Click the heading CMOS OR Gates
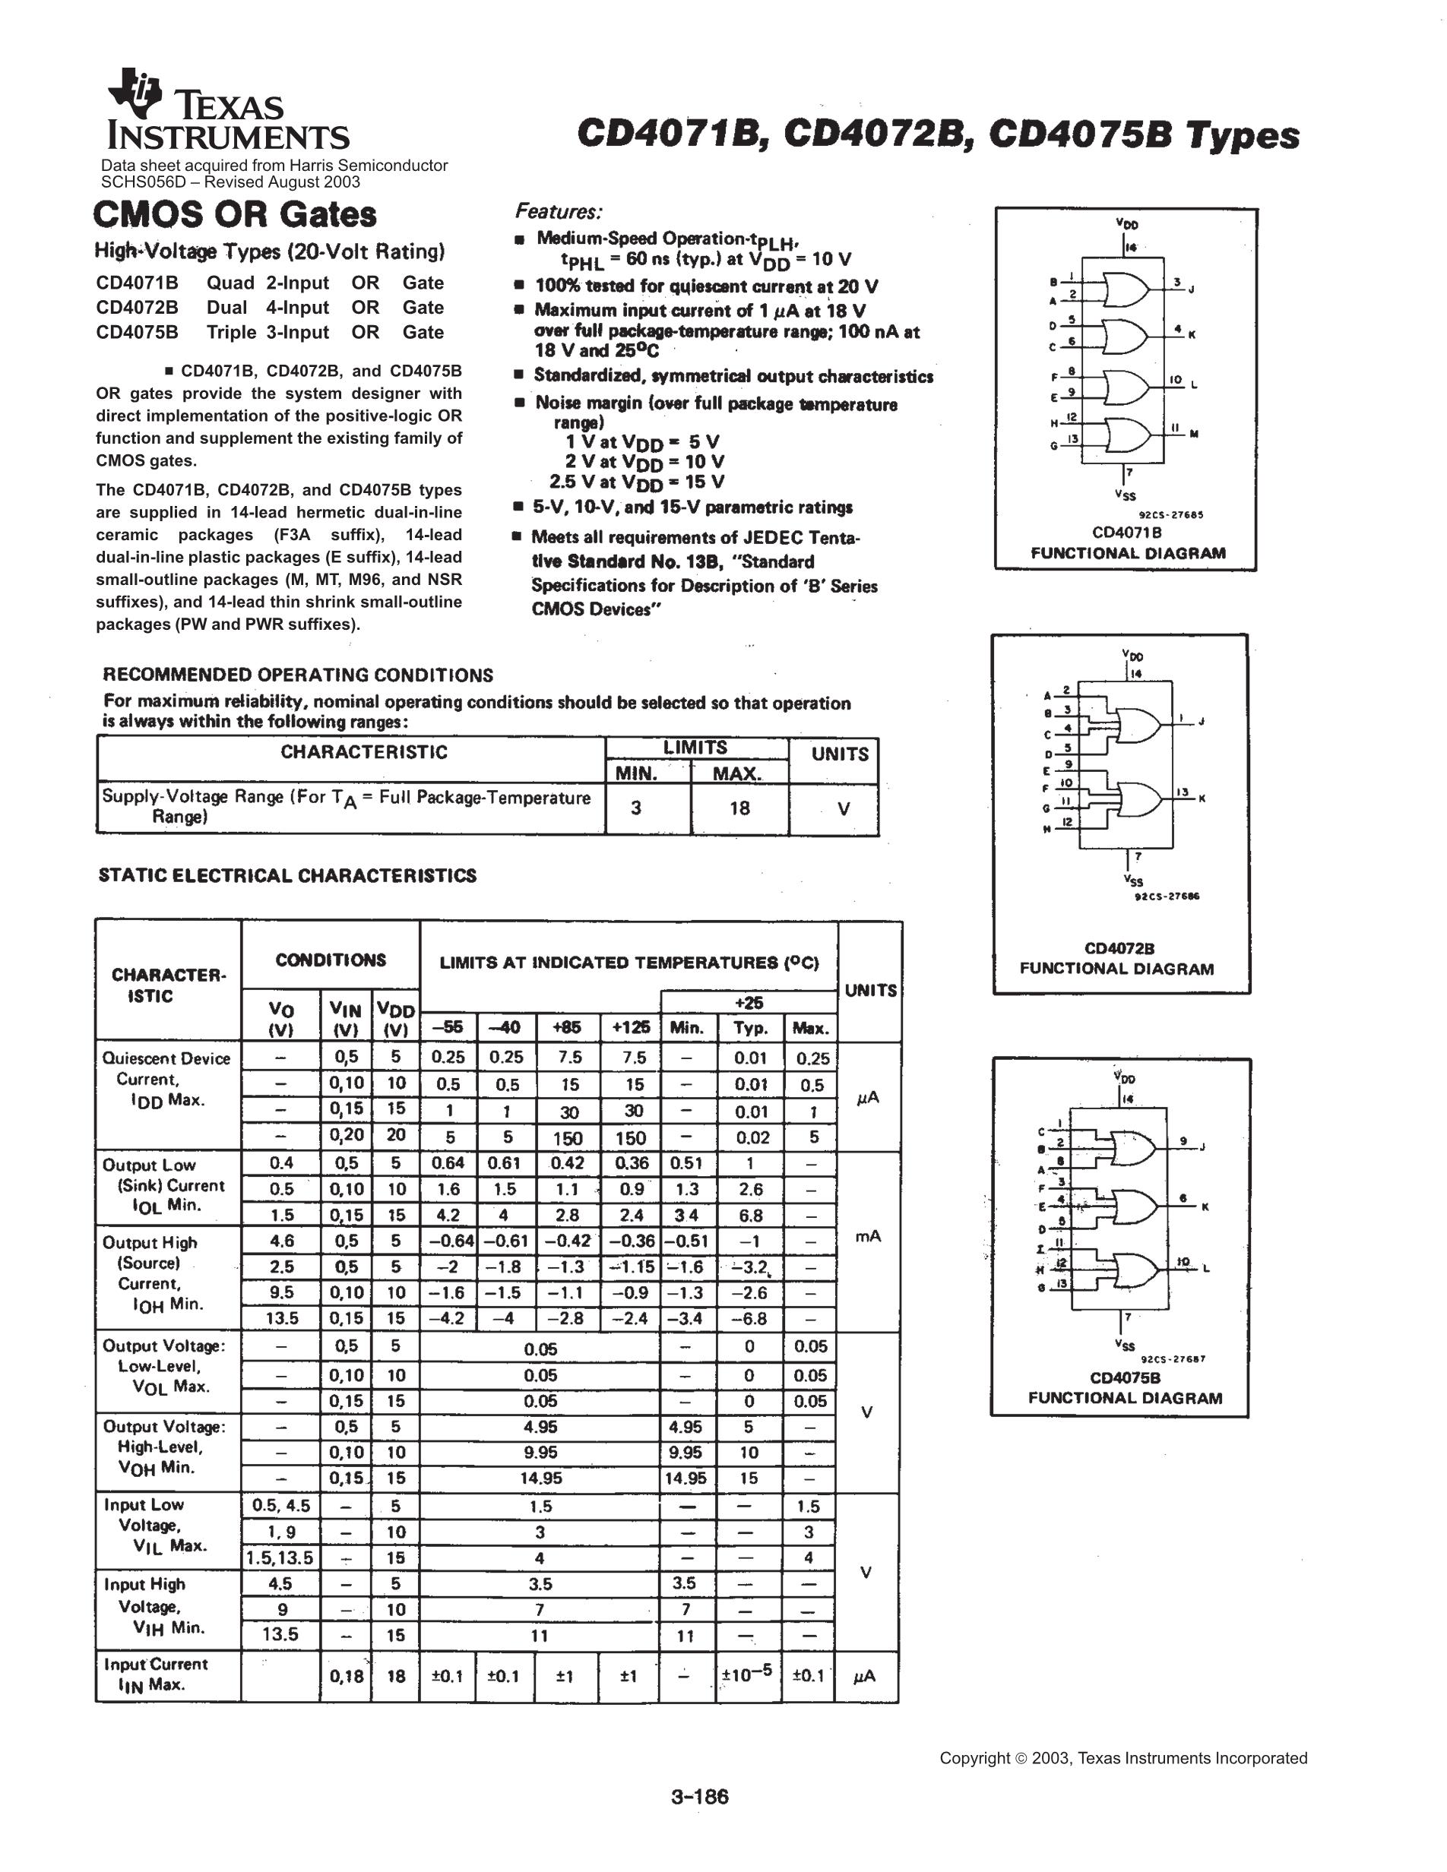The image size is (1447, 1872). coord(235,214)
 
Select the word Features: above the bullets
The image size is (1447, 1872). coord(558,211)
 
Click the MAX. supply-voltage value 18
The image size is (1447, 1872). coord(739,808)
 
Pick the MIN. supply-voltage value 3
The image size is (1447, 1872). coord(635,808)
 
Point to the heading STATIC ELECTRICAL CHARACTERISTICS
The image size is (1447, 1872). coord(287,875)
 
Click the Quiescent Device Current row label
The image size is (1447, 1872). coord(166,1079)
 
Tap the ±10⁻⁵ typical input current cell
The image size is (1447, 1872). coord(749,1672)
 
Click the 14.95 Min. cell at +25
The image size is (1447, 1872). coord(686,1478)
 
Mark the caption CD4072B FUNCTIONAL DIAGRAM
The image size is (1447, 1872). coord(1117,958)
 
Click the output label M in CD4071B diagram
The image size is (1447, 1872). coord(1193,434)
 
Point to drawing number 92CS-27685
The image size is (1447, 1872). coord(1171,515)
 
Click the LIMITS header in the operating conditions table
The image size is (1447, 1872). coord(695,748)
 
